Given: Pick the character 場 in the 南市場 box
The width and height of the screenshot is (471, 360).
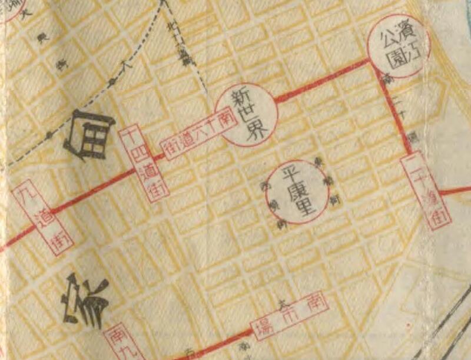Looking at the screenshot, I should (x=261, y=326).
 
